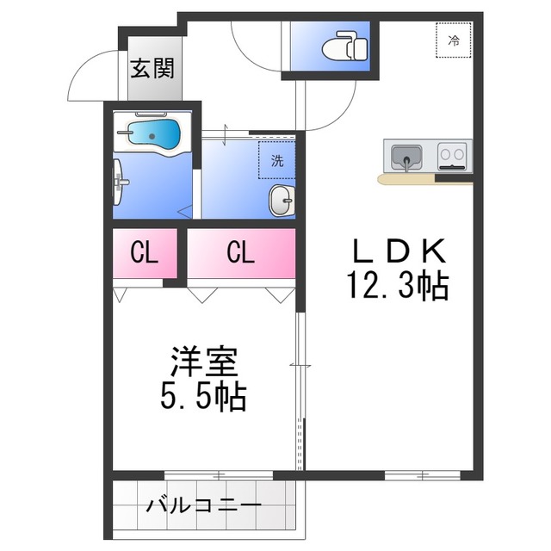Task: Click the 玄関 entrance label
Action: [x=152, y=69]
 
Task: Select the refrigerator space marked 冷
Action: [x=454, y=40]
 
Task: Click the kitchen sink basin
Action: [x=403, y=157]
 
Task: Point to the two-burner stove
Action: [x=451, y=157]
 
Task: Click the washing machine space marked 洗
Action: [x=276, y=160]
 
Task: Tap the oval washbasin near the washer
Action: [x=281, y=201]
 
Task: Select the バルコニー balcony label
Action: [x=203, y=505]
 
